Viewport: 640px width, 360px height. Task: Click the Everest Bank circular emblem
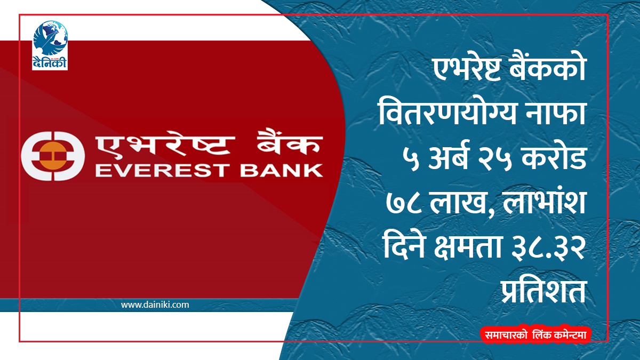click(53, 156)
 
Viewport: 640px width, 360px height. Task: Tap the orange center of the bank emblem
click(53, 156)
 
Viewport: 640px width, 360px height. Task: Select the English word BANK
click(282, 171)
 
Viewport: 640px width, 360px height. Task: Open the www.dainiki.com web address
click(155, 305)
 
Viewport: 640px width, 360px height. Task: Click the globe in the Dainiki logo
click(50, 38)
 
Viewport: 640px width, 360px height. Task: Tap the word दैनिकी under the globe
click(50, 62)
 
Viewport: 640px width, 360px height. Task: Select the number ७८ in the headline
click(404, 203)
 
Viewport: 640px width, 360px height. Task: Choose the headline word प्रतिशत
click(544, 291)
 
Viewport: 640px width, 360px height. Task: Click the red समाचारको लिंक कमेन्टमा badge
click(535, 335)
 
